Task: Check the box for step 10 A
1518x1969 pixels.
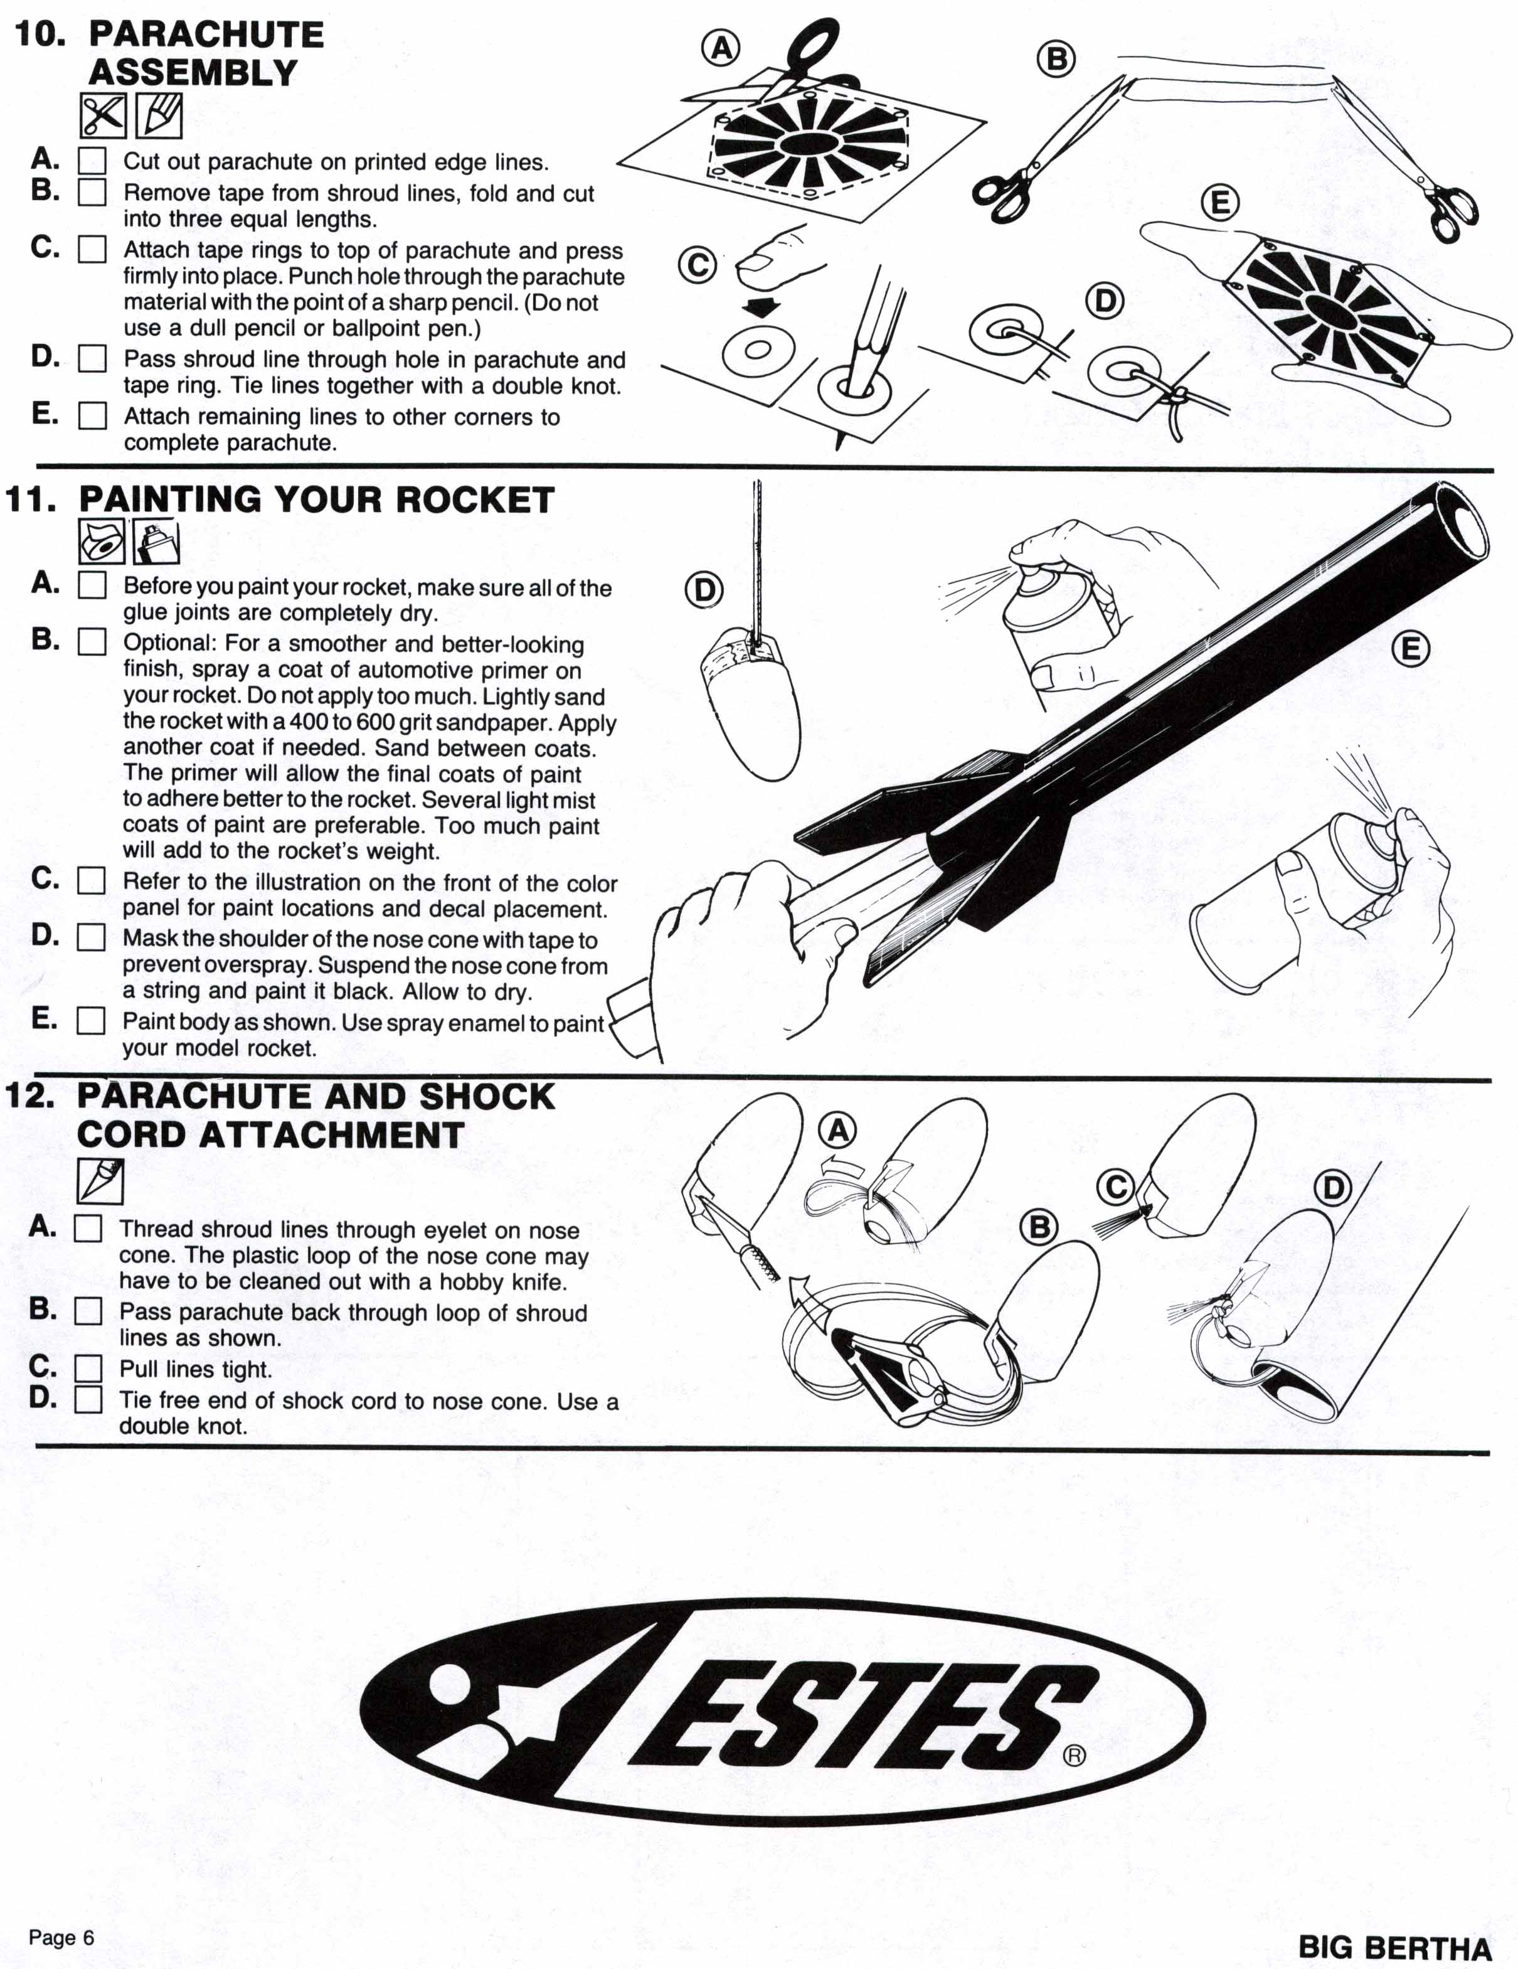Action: coord(92,161)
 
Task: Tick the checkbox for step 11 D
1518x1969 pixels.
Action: coord(91,937)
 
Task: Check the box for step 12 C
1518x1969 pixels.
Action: coord(87,1369)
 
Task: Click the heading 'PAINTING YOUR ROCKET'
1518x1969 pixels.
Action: coord(316,499)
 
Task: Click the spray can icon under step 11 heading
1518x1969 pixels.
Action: coord(156,543)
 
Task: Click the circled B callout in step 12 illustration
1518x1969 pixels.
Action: coord(1039,1227)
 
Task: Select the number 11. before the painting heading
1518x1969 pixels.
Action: coord(33,499)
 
